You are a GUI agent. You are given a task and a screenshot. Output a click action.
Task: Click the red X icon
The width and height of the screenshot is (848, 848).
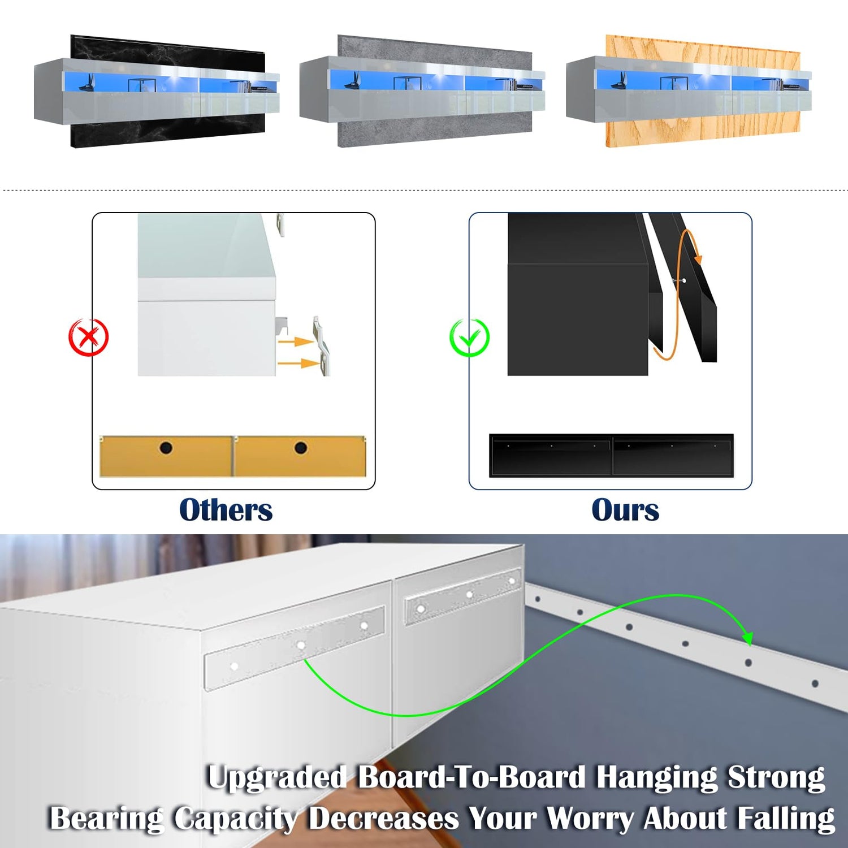click(x=88, y=337)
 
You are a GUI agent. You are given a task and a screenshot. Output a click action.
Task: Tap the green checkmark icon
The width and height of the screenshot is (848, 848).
click(x=469, y=338)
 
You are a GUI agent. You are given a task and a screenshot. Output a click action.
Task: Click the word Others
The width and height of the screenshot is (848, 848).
click(x=226, y=510)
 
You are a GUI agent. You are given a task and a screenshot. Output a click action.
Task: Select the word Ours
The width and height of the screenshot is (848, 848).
click(x=625, y=510)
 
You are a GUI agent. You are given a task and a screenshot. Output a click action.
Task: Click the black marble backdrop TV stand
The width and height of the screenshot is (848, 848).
click(x=157, y=92)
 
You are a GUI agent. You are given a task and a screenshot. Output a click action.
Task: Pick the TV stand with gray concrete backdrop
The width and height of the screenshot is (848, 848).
click(x=422, y=92)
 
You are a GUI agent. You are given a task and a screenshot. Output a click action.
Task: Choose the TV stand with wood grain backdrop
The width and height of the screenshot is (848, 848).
click(x=689, y=92)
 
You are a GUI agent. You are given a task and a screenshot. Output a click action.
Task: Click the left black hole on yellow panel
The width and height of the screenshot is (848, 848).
click(x=166, y=448)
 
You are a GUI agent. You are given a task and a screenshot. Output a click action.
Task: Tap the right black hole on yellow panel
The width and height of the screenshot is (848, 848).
click(x=301, y=448)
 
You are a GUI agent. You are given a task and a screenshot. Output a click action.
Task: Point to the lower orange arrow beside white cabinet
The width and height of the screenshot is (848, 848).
click(x=297, y=362)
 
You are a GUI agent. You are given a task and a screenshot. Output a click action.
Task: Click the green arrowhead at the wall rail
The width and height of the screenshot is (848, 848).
click(x=747, y=638)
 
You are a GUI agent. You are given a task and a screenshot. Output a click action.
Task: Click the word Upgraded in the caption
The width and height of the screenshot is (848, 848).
click(x=277, y=777)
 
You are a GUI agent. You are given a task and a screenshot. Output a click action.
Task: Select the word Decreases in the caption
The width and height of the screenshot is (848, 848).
click(x=384, y=819)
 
